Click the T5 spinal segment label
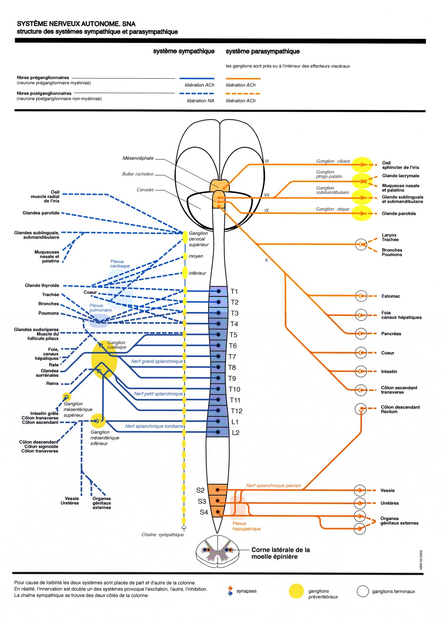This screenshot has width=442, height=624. [x=233, y=335]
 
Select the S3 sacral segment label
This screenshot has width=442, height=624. [x=202, y=501]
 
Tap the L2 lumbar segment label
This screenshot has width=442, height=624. [x=236, y=433]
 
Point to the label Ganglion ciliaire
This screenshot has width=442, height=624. [x=333, y=161]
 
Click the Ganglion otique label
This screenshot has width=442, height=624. [x=333, y=209]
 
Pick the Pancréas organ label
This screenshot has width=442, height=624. [x=391, y=334]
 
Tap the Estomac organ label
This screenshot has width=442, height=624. [x=391, y=296]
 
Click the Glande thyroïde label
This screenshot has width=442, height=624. [x=42, y=286]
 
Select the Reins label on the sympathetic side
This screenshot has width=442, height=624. [x=52, y=383]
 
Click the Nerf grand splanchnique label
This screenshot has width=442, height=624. [x=157, y=361]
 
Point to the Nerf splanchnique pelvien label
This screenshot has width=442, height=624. [x=273, y=485]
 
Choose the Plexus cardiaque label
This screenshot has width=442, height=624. [x=120, y=264]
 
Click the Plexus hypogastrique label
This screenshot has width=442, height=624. [x=247, y=526]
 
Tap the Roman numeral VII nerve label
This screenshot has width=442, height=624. [x=267, y=195]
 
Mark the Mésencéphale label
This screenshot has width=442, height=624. [x=138, y=158]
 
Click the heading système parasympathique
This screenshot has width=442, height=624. [x=262, y=51]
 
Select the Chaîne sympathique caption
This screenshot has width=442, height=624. [x=162, y=535]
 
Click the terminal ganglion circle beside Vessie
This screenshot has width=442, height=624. [x=360, y=491]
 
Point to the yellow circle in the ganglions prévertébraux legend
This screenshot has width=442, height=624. [x=296, y=591]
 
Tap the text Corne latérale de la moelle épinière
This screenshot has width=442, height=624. [x=280, y=553]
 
